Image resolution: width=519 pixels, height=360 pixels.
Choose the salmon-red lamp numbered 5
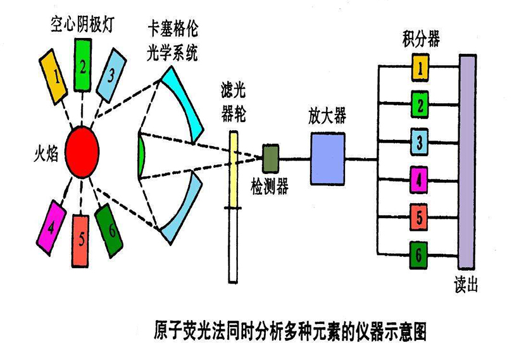click(81, 239)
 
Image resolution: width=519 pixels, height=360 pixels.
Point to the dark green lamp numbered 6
click(109, 230)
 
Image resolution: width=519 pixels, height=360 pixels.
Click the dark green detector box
click(271, 158)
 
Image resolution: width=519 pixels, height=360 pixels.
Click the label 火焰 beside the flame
click(45, 152)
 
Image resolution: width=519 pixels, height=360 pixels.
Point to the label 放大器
click(327, 116)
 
